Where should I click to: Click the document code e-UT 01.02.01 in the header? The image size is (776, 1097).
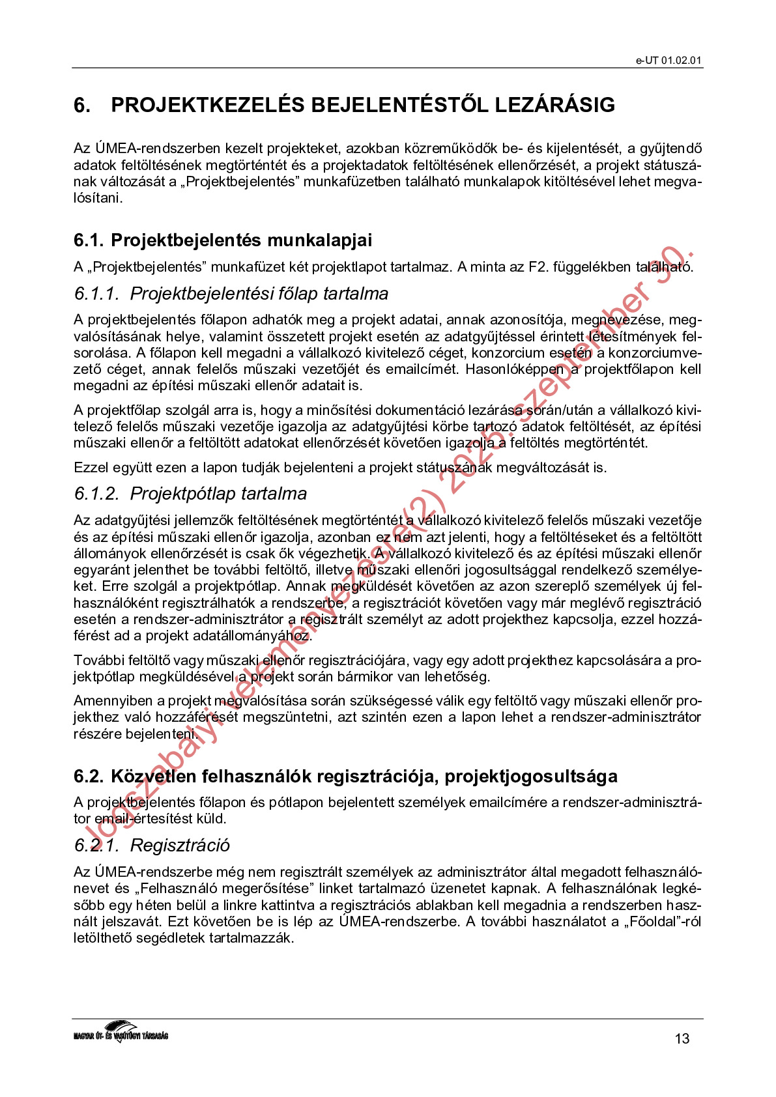point(668,61)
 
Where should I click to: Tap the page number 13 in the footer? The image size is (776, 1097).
point(682,1038)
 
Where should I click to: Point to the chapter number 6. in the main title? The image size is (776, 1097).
point(82,106)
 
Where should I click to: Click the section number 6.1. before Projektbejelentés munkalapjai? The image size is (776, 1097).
point(89,240)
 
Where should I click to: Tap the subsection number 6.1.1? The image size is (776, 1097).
point(96,294)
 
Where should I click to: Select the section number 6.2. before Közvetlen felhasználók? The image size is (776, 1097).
point(89,776)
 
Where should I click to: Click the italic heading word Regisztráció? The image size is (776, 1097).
point(180,846)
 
